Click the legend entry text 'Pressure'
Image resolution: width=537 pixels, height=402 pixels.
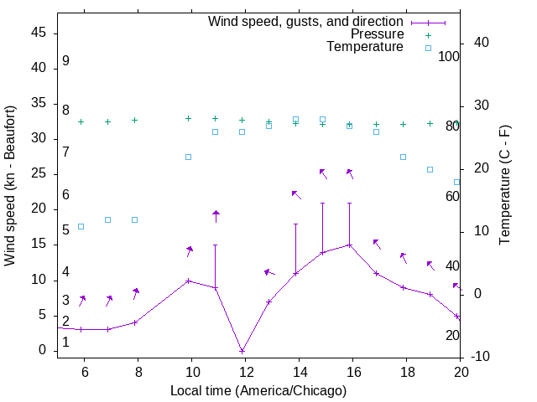click(x=377, y=34)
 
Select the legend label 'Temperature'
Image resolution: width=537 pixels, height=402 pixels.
click(x=365, y=47)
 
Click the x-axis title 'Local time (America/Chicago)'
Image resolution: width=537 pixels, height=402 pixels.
click(x=258, y=390)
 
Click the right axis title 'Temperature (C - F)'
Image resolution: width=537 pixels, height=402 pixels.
click(x=504, y=186)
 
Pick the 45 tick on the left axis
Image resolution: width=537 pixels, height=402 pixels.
click(x=39, y=33)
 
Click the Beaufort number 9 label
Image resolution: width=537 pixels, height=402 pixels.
click(x=65, y=61)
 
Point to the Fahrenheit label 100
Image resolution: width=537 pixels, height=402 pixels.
click(x=450, y=57)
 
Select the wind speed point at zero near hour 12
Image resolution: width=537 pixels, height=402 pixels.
click(x=242, y=351)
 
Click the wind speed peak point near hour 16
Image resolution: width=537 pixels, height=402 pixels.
click(x=349, y=245)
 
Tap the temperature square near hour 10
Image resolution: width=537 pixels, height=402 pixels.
click(x=188, y=157)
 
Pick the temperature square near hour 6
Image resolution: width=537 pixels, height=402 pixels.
click(x=81, y=226)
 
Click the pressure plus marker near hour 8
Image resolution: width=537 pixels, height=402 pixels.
click(x=134, y=120)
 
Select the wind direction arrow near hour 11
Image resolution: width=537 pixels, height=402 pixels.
click(x=216, y=216)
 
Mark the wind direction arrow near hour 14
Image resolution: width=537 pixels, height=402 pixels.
click(x=295, y=194)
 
